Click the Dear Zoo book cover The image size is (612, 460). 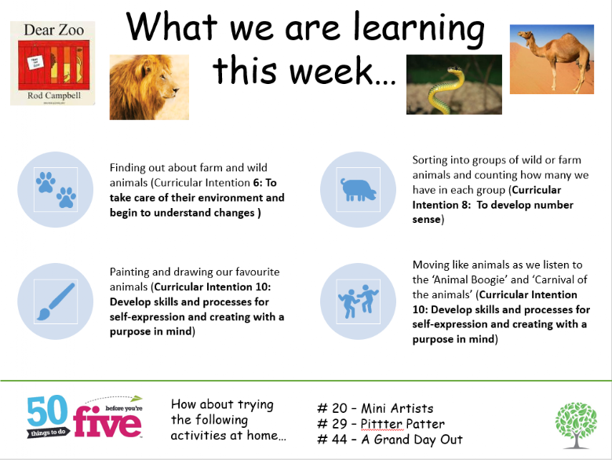pyautogui.click(x=53, y=64)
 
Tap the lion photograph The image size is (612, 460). pyautogui.click(x=149, y=87)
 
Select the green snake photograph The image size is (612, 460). pyautogui.click(x=454, y=84)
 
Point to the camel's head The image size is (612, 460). pyautogui.click(x=526, y=37)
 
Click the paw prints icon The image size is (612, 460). pyautogui.click(x=56, y=190)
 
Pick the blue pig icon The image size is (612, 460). pyautogui.click(x=359, y=190)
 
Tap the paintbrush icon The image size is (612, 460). pyautogui.click(x=56, y=301)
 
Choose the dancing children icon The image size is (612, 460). pyautogui.click(x=358, y=301)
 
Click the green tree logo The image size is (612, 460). pyautogui.click(x=576, y=425)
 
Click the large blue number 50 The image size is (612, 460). pyautogui.click(x=48, y=410)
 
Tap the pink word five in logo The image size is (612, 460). pyautogui.click(x=107, y=422)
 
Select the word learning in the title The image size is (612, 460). pyautogui.click(x=419, y=28)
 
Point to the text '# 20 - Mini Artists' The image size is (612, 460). pyautogui.click(x=375, y=408)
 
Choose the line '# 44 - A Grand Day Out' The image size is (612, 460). pyautogui.click(x=390, y=440)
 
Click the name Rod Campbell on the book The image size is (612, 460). pyautogui.click(x=54, y=96)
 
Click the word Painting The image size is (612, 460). pyautogui.click(x=130, y=272)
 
